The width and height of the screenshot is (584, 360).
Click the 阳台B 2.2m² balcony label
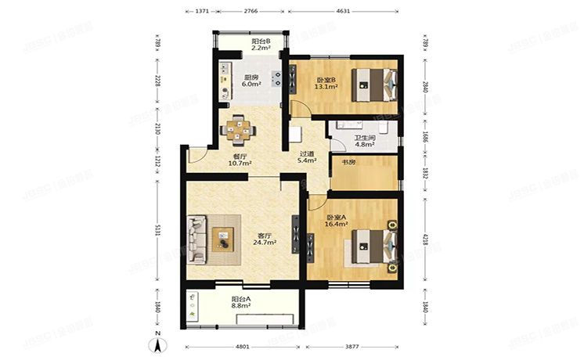point(261,45)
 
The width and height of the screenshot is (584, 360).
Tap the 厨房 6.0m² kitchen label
point(251,81)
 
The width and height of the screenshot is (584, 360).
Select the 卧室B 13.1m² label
point(326,83)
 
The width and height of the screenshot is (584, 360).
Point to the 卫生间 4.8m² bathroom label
point(364,140)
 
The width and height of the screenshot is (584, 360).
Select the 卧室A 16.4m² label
point(337,221)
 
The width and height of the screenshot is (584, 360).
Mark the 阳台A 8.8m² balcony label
point(241,303)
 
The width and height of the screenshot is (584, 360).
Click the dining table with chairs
point(238,128)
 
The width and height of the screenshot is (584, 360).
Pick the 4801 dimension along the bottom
point(243,346)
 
